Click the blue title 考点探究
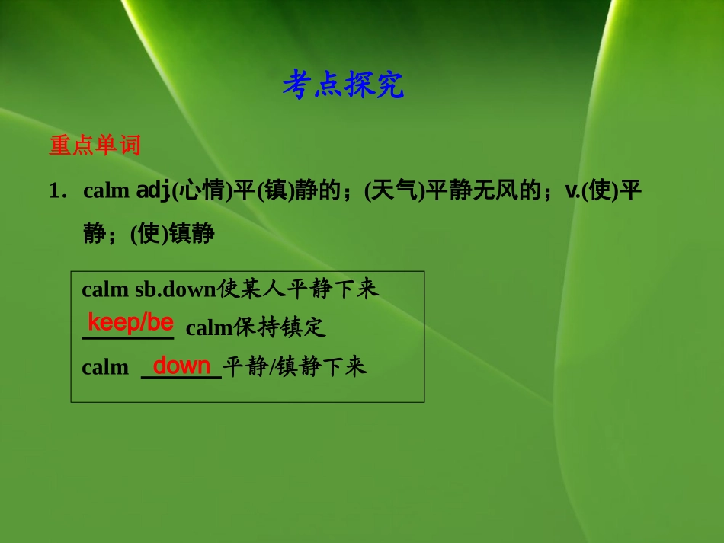coord(343,85)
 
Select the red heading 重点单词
coord(95,145)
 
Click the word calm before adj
coord(106,191)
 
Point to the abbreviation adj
coord(153,191)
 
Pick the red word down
coord(181,366)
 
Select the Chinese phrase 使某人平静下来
coord(298,289)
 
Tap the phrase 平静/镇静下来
coord(295,367)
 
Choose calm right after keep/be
coord(209,328)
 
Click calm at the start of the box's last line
coord(105,367)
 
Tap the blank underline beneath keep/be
coord(128,336)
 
